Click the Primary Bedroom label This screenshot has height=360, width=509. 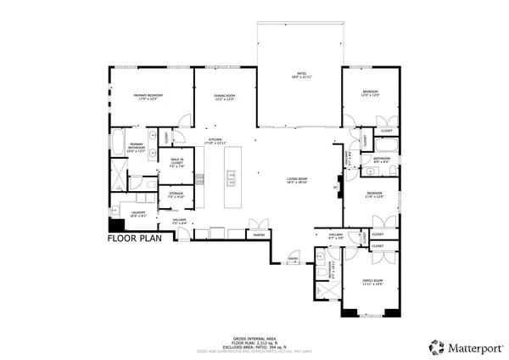[148, 95]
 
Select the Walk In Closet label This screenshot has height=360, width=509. [177, 161]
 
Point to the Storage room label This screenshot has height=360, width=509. [176, 194]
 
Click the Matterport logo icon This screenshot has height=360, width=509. [436, 346]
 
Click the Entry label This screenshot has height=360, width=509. [294, 257]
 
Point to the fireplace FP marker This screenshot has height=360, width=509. [335, 187]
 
